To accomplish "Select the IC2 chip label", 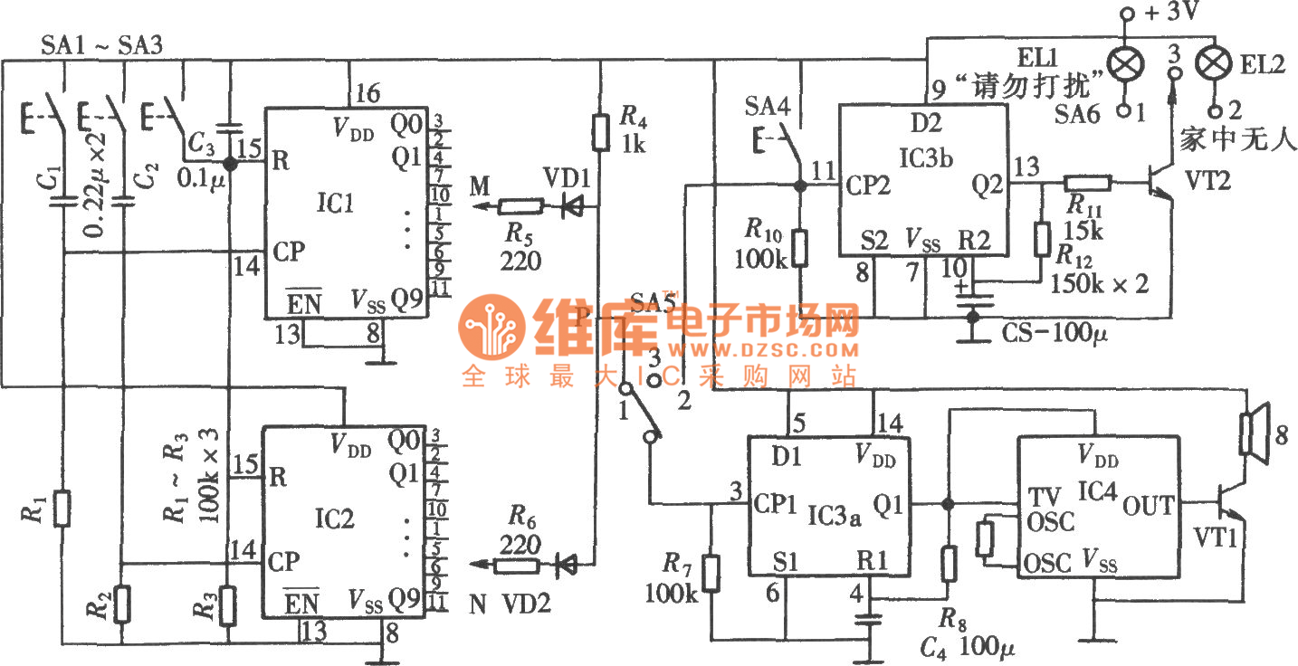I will click(x=336, y=519).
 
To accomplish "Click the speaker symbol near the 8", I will click(x=1254, y=434).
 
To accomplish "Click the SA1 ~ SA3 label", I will click(x=101, y=45).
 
